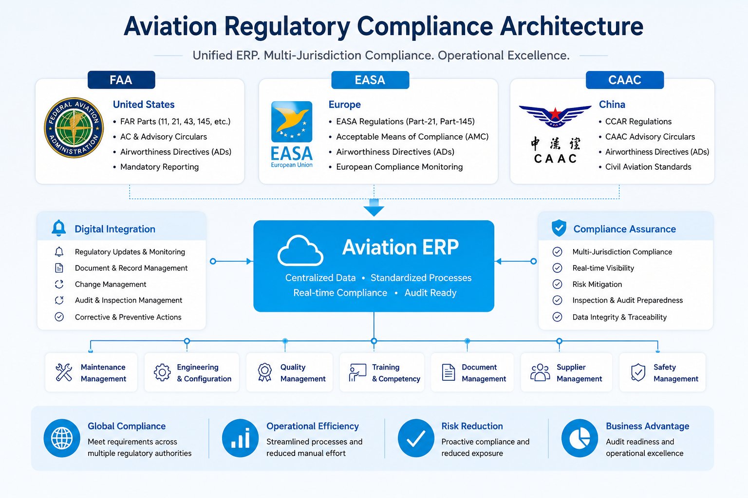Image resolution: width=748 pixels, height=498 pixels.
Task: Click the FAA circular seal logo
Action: pyautogui.click(x=74, y=128)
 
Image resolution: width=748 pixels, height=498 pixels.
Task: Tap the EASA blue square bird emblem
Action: pyautogui.click(x=292, y=122)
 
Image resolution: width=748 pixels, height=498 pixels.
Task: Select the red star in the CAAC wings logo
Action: pyautogui.click(x=555, y=114)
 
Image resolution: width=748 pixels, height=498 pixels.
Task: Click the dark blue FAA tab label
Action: pyautogui.click(x=121, y=80)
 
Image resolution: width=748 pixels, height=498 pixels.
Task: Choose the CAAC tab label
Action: pyautogui.click(x=625, y=80)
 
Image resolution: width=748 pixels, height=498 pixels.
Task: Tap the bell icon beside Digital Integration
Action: pyautogui.click(x=59, y=228)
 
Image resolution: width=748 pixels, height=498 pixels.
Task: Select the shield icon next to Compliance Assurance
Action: pyautogui.click(x=559, y=228)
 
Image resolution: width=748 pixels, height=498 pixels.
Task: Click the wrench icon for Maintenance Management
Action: pyautogui.click(x=64, y=372)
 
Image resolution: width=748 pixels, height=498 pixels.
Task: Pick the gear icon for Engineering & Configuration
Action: pyautogui.click(x=162, y=372)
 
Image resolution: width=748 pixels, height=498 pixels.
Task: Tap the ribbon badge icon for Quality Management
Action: pyautogui.click(x=265, y=372)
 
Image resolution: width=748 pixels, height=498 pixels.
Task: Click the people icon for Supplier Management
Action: pyautogui.click(x=540, y=372)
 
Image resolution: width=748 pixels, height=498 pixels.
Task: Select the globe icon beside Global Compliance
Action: pyautogui.click(x=62, y=438)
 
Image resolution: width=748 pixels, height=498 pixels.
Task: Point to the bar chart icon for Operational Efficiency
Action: pyautogui.click(x=241, y=438)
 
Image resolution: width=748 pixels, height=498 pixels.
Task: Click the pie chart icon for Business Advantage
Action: pyautogui.click(x=580, y=438)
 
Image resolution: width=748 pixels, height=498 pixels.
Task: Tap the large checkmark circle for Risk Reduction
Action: pyautogui.click(x=416, y=438)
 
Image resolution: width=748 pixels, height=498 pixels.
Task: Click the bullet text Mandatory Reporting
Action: pyautogui.click(x=159, y=167)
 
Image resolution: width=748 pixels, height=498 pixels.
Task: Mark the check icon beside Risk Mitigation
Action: pyautogui.click(x=557, y=284)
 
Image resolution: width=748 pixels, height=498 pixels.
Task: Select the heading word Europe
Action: pyautogui.click(x=345, y=105)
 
